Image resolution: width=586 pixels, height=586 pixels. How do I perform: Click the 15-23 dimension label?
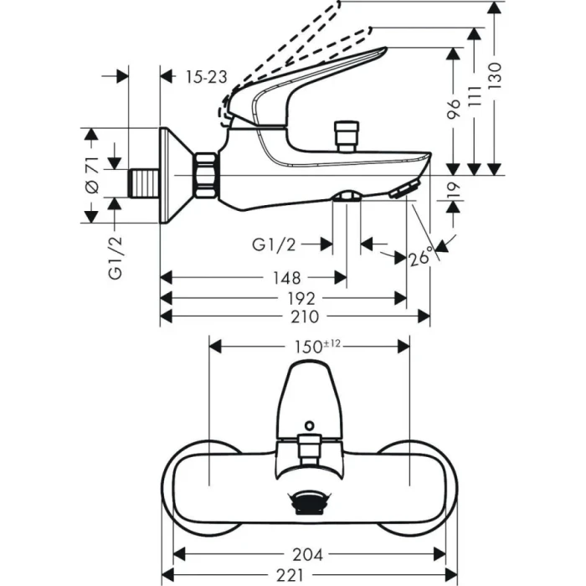206,76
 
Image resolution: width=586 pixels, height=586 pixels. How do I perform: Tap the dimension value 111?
475,101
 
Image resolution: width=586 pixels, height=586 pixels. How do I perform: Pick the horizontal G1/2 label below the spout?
274,244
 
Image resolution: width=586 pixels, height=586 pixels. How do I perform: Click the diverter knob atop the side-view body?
344,134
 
